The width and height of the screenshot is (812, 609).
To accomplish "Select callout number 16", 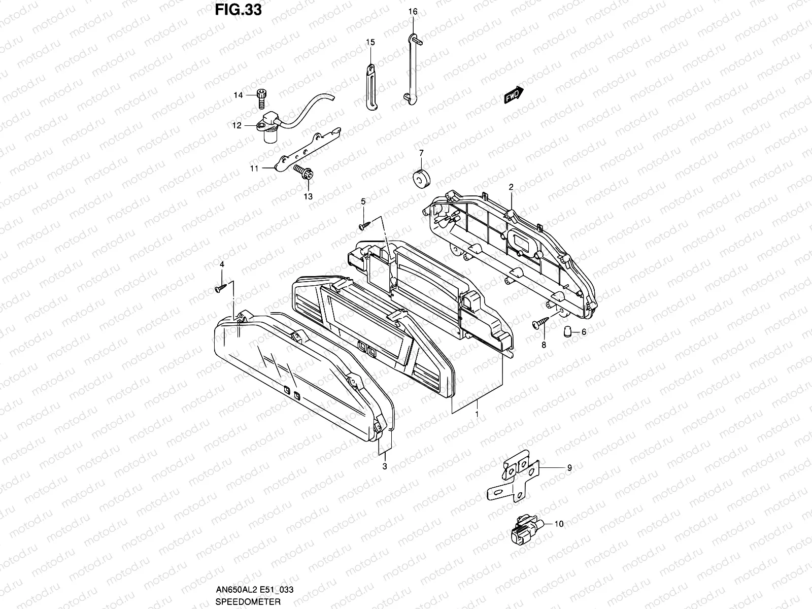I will coord(412,11).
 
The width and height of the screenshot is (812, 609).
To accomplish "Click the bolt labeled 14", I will coord(262,97).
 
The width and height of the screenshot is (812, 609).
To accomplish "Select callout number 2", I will coord(511,187).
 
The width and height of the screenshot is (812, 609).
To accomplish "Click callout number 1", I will coord(477,415).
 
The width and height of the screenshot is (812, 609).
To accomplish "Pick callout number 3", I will coord(385,466).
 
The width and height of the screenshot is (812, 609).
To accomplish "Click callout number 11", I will coord(254,168).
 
